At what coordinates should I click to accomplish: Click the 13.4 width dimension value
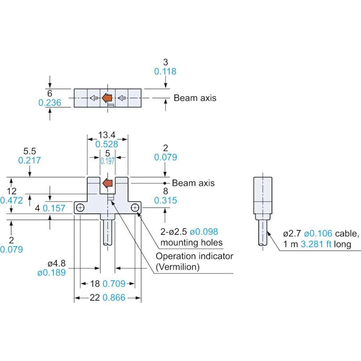[x=107, y=135]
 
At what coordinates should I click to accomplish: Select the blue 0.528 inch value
[x=107, y=144]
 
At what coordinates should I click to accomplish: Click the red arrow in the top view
[x=107, y=97]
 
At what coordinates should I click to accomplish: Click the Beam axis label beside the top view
[x=195, y=98]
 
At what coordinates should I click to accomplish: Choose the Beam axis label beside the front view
[x=193, y=183]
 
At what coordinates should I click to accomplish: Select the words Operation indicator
[x=194, y=256]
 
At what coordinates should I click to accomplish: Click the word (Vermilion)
[x=178, y=267]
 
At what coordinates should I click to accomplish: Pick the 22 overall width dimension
[x=95, y=298]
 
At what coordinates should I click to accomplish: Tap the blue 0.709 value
[x=114, y=284]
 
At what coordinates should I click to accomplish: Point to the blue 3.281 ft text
[x=316, y=244]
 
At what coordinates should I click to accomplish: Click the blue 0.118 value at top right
[x=165, y=71]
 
